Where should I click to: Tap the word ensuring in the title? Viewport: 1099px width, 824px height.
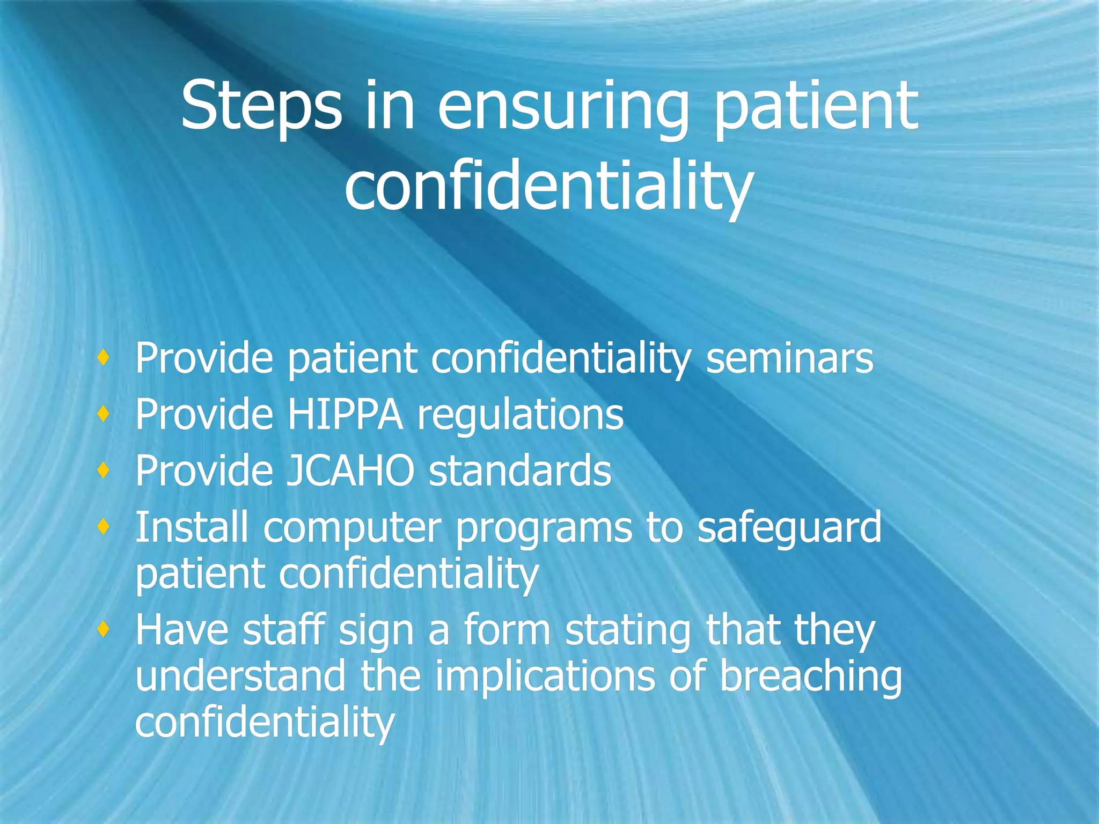click(563, 107)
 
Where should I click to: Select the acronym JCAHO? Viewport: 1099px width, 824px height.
click(350, 470)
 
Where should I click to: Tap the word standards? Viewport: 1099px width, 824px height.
click(520, 470)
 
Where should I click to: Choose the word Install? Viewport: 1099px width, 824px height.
click(192, 527)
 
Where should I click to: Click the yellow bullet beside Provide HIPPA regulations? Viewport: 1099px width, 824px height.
click(104, 414)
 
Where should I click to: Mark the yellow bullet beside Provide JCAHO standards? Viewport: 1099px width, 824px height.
click(104, 470)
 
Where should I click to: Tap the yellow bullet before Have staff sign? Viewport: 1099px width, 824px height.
click(104, 629)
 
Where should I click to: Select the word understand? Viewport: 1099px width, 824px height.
click(240, 676)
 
